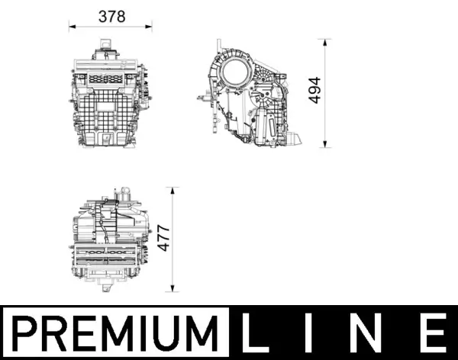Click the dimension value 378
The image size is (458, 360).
112,16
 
